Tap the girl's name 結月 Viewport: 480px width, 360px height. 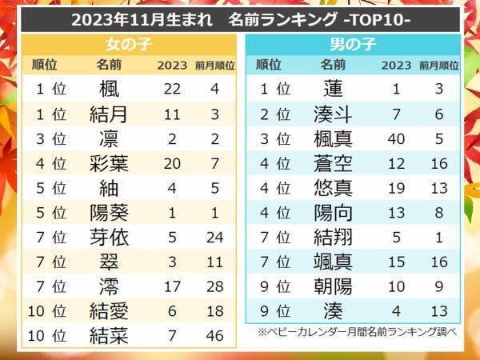[109, 114]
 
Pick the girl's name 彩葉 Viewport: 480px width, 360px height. [109, 165]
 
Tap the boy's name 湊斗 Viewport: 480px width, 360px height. [333, 114]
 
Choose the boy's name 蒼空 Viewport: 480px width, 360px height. [333, 165]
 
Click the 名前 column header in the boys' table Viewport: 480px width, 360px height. [333, 65]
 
